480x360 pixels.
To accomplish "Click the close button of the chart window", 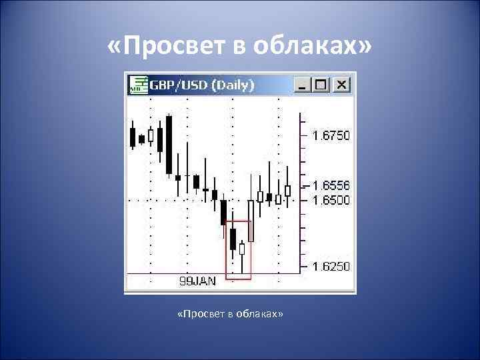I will (342, 85).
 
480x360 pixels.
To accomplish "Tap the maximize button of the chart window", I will (321, 85).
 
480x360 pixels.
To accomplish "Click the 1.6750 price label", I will (331, 135).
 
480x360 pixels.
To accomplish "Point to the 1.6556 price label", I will (331, 185).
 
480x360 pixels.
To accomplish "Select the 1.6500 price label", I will (331, 199).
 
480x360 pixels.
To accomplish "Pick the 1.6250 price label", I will (331, 266).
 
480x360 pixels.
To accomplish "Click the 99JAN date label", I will (197, 281).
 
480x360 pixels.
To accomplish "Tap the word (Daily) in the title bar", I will (233, 85).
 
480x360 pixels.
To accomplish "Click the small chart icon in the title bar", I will (138, 85).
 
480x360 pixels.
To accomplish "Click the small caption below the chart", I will (231, 313).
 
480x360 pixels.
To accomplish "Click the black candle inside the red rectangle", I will (233, 239).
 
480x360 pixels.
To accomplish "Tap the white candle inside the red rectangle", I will (242, 249).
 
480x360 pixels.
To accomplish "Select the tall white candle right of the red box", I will (251, 220).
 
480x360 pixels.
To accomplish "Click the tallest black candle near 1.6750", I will (169, 145).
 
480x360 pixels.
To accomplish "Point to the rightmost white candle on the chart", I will (287, 191).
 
